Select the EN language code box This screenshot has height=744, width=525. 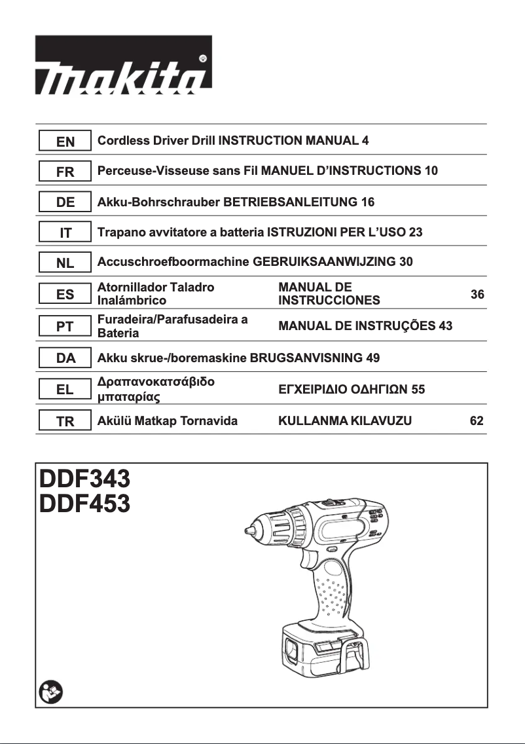tap(65, 141)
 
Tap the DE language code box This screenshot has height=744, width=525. tap(65, 202)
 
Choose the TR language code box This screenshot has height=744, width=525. tap(65, 422)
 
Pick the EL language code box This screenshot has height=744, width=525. tap(65, 390)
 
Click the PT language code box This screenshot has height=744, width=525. tap(65, 326)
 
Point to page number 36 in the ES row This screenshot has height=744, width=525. tap(477, 295)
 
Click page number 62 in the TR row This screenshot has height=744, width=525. tap(477, 421)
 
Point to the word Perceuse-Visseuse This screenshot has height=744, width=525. tap(144, 171)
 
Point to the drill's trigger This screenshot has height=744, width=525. tap(310, 558)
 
